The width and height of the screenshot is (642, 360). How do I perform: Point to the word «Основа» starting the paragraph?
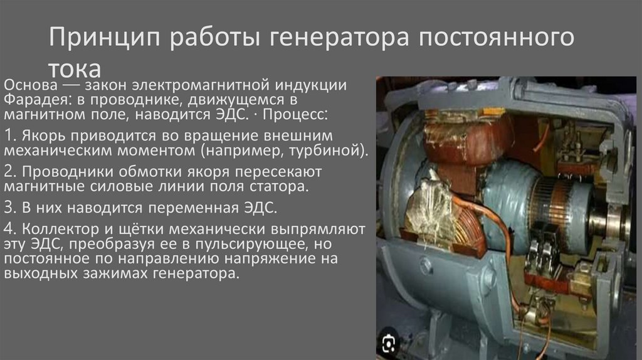click(x=31, y=84)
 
